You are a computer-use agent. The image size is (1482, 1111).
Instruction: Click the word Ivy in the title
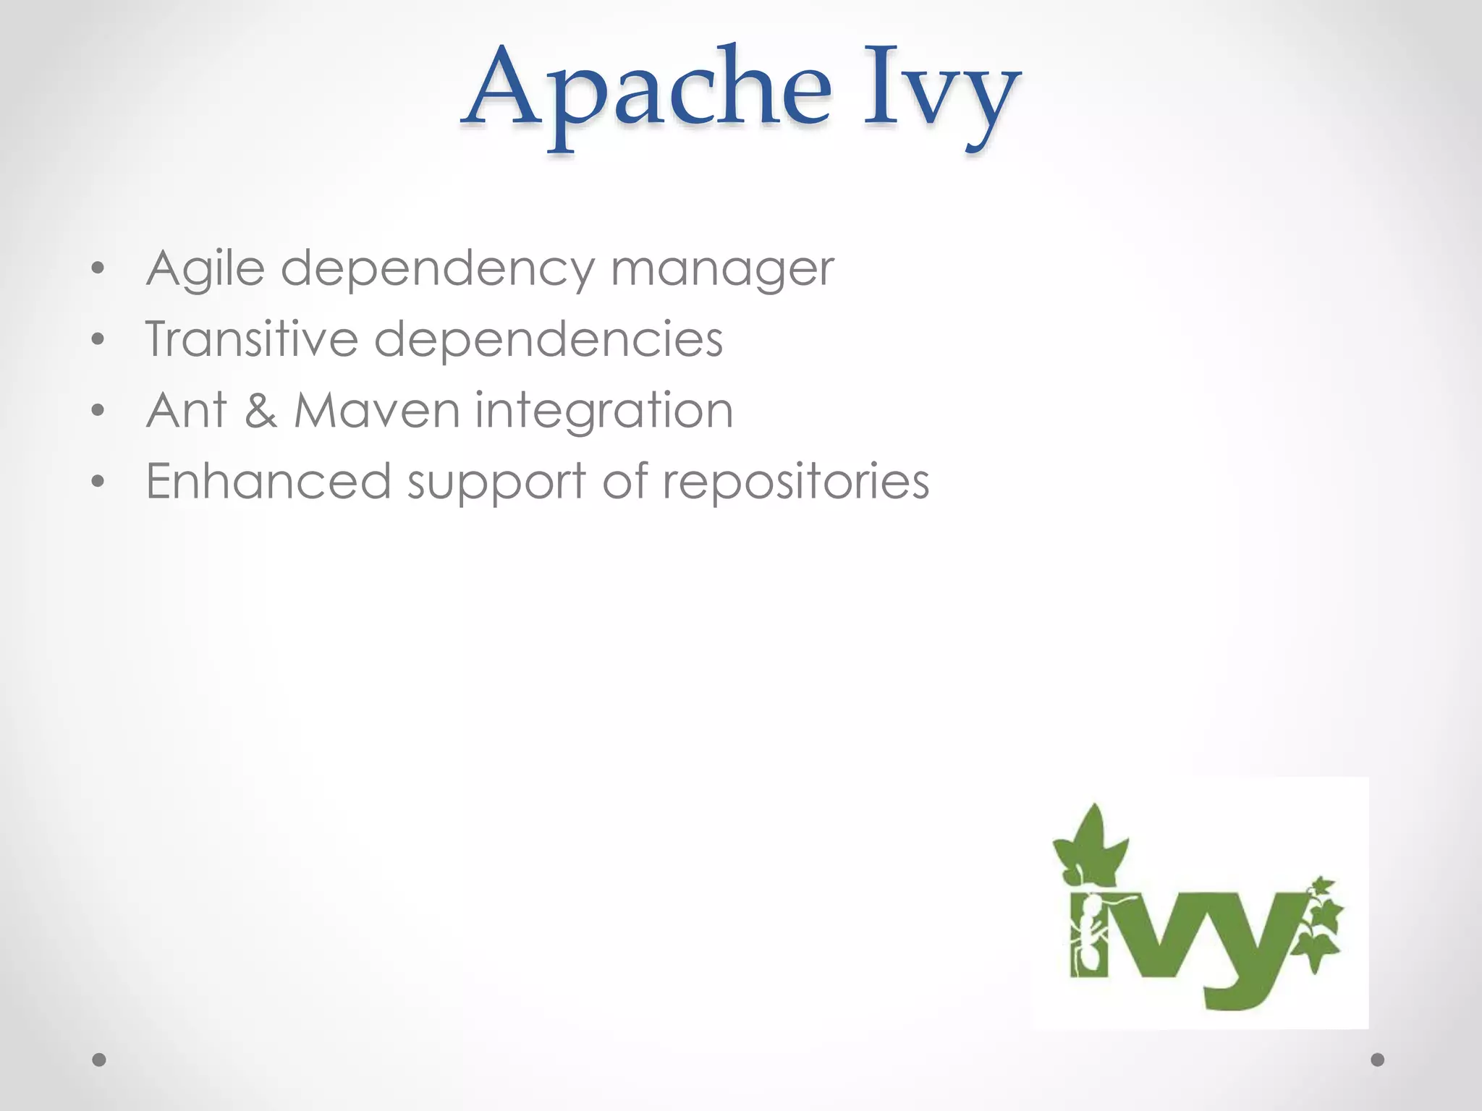coord(941,94)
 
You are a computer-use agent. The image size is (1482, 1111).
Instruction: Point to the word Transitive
coord(252,339)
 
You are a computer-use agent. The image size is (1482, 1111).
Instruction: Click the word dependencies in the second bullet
coord(548,339)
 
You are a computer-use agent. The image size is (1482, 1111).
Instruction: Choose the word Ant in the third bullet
coord(187,410)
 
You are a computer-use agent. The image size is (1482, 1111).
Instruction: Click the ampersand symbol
coord(261,410)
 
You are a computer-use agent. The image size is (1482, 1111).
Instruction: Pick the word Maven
coord(376,410)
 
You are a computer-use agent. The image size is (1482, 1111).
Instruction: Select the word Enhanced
coord(268,481)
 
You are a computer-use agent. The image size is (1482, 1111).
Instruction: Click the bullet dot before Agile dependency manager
coord(98,269)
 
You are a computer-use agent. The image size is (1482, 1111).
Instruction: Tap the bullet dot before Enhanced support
coord(98,481)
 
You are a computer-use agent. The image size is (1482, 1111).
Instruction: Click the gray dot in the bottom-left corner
coord(99,1060)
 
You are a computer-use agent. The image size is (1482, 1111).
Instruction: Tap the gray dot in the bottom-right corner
coord(1378,1060)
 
